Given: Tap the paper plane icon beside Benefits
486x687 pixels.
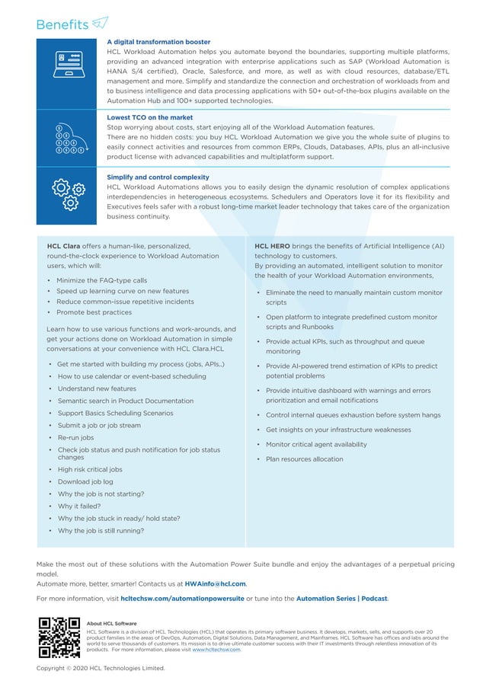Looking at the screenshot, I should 100,24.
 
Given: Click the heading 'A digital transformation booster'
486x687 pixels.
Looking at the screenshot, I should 158,42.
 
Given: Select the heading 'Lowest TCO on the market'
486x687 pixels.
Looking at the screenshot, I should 149,118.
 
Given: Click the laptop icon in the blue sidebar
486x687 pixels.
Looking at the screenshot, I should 68,64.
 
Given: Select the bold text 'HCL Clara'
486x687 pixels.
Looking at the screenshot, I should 63,247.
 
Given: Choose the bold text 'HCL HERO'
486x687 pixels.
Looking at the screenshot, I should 272,247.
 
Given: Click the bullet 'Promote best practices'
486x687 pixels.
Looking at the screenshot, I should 94,312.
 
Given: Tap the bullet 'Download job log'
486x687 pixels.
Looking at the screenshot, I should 85,481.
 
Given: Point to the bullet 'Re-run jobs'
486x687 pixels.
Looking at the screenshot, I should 75,438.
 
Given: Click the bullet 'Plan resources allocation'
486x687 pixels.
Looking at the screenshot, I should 304,459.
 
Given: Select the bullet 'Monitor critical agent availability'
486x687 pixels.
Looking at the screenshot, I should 316,444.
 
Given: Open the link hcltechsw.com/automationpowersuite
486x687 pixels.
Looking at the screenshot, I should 182,599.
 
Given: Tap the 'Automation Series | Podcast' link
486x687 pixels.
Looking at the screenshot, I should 341,599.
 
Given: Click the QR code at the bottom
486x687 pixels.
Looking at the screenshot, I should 59,637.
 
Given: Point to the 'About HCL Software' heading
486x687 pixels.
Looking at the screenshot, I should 112,623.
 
